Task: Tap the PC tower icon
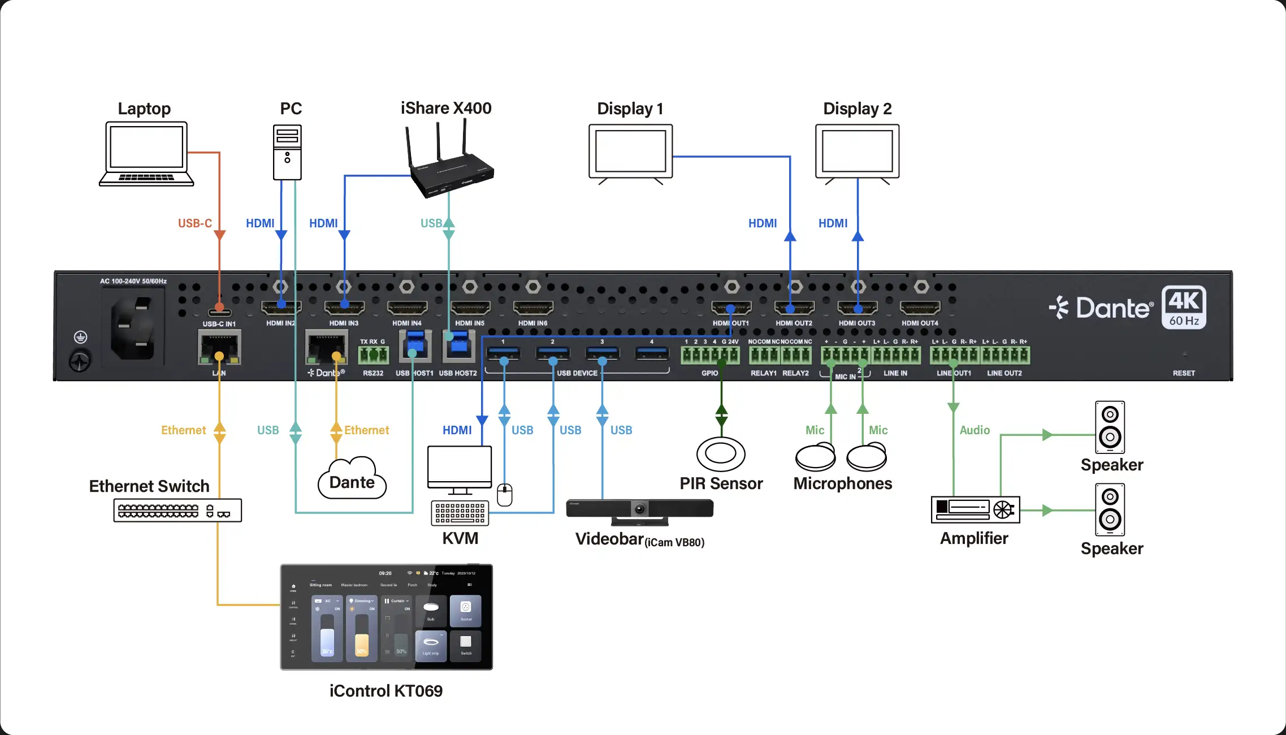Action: click(287, 152)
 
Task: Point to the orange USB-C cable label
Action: click(194, 223)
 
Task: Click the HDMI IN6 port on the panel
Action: click(532, 308)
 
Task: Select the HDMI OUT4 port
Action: click(920, 308)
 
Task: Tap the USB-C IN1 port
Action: click(219, 313)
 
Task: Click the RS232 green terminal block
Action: click(373, 355)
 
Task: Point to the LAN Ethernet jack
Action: click(219, 348)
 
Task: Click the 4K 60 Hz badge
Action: click(1184, 308)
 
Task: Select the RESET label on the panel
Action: click(1184, 373)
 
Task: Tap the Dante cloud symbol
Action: click(352, 479)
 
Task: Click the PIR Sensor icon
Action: click(721, 454)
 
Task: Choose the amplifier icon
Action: click(975, 509)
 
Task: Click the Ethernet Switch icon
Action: click(177, 511)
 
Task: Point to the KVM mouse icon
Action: click(505, 495)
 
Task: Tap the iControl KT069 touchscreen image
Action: click(387, 617)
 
